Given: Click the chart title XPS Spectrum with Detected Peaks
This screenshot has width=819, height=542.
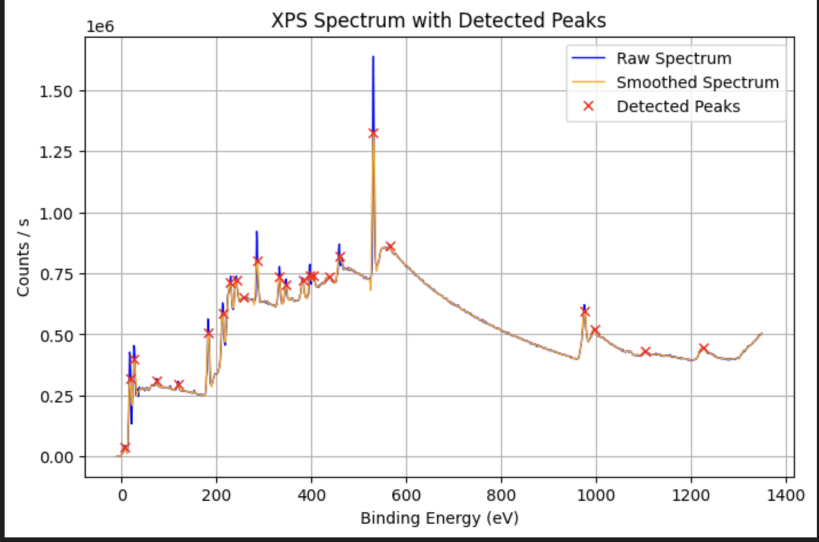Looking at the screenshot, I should [x=438, y=21].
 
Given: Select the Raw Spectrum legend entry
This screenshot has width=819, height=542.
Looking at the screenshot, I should [x=673, y=58].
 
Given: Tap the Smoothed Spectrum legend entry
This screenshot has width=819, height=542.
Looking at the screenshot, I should [x=697, y=82].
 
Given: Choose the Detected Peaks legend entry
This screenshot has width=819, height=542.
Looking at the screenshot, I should [x=678, y=106].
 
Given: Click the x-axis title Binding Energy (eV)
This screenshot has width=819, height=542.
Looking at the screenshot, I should [x=439, y=518].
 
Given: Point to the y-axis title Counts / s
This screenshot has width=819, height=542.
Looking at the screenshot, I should [x=23, y=258].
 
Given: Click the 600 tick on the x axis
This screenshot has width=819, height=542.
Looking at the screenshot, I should [x=406, y=495].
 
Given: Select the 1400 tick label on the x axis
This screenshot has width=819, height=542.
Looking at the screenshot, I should [x=785, y=495].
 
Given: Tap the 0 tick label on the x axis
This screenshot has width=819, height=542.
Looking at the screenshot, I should [x=122, y=495].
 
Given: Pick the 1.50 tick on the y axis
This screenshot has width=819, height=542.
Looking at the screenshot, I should [x=56, y=91].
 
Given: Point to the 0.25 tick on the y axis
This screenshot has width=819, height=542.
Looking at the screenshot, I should [x=56, y=396].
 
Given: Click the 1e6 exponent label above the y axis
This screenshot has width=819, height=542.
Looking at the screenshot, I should [x=100, y=27].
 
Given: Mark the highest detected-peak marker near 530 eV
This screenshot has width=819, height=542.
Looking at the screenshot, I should [x=373, y=133].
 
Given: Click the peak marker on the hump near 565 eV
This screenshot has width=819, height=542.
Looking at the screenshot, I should [x=390, y=246].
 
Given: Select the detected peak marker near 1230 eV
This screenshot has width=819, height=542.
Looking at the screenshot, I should [x=703, y=348].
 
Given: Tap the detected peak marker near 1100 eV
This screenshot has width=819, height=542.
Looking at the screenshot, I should [x=646, y=352].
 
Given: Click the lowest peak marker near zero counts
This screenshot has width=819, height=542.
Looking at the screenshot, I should [x=125, y=448].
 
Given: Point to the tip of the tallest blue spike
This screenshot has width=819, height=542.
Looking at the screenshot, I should [x=373, y=57].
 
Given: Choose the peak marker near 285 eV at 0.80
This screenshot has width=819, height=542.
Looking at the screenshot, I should [x=257, y=261].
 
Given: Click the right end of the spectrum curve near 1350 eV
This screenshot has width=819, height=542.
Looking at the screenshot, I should [x=761, y=333].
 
